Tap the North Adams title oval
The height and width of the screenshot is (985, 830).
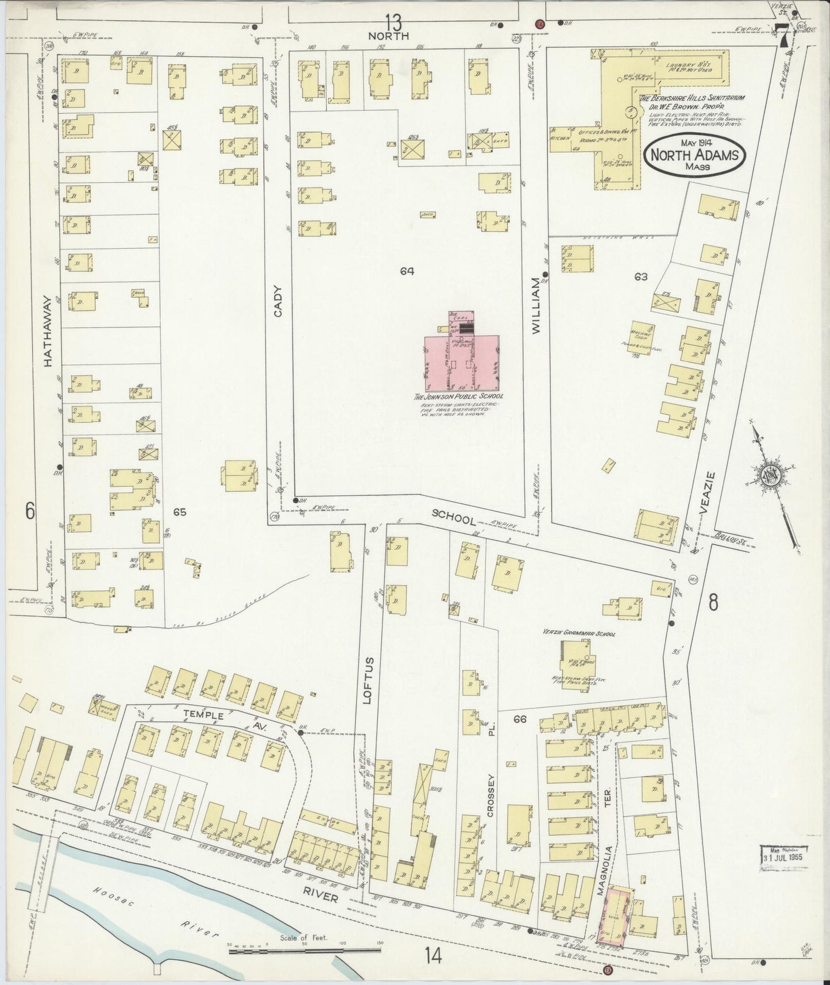(695, 155)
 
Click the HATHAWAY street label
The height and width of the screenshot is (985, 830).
(49, 332)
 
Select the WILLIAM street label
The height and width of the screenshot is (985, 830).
(536, 305)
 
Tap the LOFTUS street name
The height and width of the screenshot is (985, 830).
(368, 680)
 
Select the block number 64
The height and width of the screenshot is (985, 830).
(407, 270)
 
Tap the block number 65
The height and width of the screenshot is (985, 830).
(180, 511)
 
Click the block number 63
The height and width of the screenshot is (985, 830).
(641, 276)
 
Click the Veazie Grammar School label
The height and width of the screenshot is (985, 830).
(579, 634)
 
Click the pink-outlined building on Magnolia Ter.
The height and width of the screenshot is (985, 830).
(616, 916)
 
